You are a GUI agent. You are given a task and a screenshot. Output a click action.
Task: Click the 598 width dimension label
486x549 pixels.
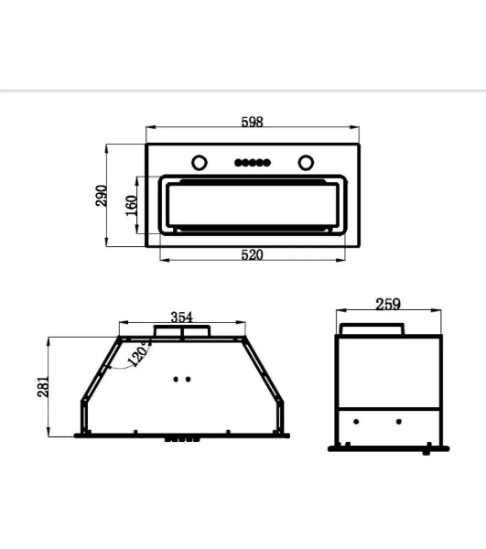(252, 122)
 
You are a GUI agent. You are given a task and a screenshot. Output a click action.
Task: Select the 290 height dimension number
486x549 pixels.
(102, 196)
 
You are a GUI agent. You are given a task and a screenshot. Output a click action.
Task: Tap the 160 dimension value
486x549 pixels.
(131, 206)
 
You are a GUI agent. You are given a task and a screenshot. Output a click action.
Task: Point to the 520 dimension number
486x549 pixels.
(252, 254)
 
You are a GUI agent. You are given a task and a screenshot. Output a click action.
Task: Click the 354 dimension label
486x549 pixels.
(182, 318)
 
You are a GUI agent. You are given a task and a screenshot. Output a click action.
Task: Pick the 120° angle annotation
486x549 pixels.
(139, 353)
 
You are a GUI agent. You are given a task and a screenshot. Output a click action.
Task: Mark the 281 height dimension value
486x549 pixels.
(43, 387)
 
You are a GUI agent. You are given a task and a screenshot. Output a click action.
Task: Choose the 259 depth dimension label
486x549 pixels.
(388, 304)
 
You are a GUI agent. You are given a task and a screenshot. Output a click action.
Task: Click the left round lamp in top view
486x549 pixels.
(200, 163)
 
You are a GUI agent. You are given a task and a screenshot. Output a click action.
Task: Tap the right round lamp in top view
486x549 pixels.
(306, 163)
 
